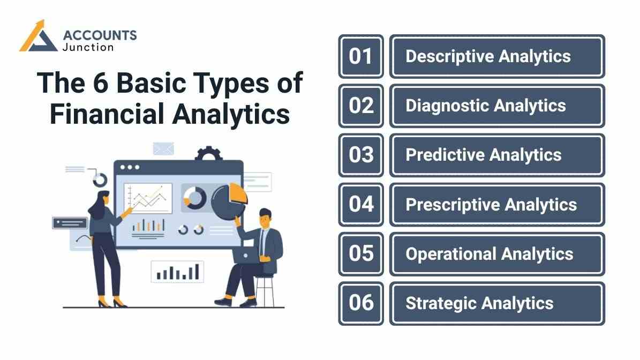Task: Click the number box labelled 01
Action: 361,56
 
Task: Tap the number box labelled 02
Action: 361,106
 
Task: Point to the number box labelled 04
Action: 361,204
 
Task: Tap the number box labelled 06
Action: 361,303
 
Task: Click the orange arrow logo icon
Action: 38,37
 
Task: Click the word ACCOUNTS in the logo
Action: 100,35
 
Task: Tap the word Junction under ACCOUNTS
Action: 88,47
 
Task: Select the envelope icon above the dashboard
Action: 163,148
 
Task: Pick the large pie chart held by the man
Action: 229,201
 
